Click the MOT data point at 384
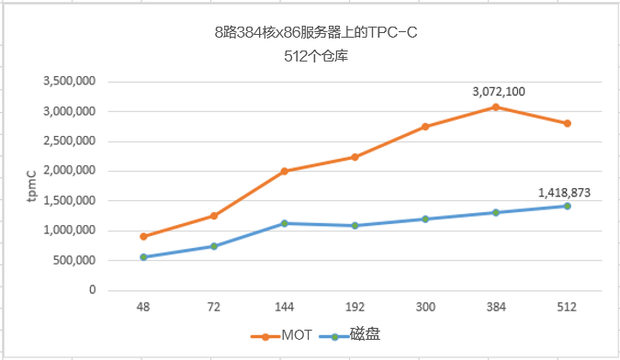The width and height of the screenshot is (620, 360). [x=496, y=107]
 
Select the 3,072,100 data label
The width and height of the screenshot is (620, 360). [x=499, y=92]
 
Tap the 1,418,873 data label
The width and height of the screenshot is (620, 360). [x=566, y=192]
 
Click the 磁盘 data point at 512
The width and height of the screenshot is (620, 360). [x=567, y=206]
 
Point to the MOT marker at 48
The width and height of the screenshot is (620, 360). [x=143, y=236]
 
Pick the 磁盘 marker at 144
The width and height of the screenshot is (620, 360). [x=285, y=223]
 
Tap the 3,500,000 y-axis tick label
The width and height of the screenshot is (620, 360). [x=70, y=82]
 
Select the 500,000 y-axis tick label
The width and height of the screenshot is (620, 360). [x=74, y=260]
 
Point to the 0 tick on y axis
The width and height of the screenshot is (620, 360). [x=92, y=289]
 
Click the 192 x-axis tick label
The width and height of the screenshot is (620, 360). [x=355, y=308]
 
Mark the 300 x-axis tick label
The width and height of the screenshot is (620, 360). [x=425, y=308]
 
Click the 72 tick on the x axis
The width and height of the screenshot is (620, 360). [x=214, y=308]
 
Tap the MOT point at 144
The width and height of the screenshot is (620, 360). [x=285, y=171]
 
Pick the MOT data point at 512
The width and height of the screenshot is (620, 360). [x=567, y=123]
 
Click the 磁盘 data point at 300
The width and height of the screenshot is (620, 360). [x=425, y=219]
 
